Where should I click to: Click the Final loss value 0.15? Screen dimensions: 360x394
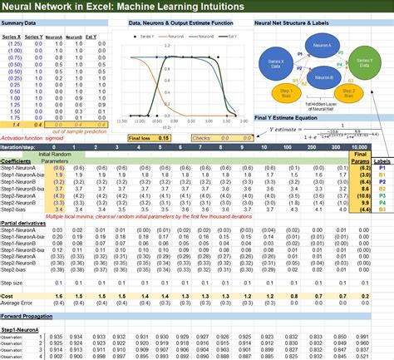coord(164,137)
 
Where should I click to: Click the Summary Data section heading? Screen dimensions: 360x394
coord(19,23)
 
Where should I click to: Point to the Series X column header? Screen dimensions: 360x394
coord(12,38)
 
